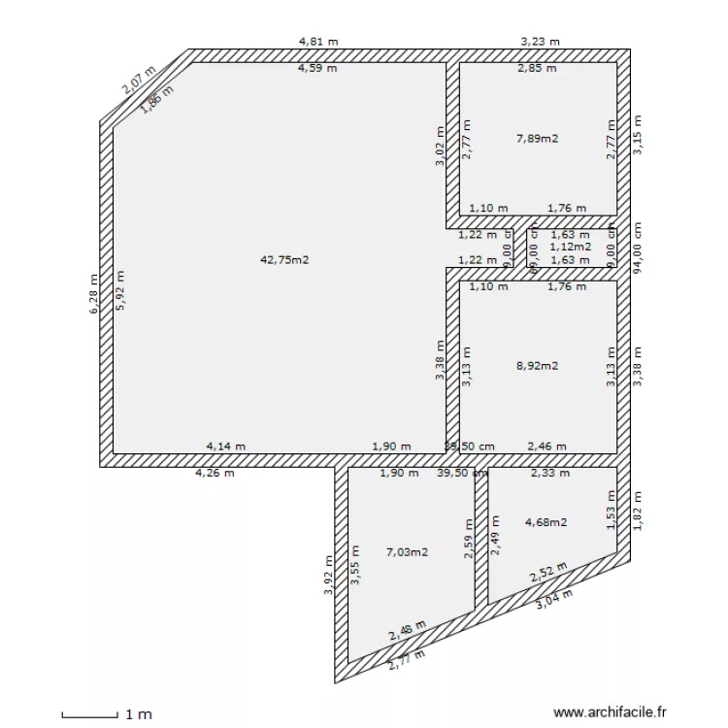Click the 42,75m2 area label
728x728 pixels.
[284, 259]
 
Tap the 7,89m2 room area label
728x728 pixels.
[537, 139]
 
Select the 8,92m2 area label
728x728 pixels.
[537, 366]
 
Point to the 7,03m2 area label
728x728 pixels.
[407, 552]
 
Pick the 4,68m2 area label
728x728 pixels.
[546, 522]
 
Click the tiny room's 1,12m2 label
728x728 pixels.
[570, 247]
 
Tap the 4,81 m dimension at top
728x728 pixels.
[318, 42]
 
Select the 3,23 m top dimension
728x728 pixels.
[540, 42]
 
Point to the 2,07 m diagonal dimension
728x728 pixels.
[138, 79]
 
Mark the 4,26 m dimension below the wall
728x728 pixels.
[215, 474]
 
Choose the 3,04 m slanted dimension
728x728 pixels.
[554, 600]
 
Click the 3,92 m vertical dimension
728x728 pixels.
[329, 574]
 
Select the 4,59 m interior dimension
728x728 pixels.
[317, 69]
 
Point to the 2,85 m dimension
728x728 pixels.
[537, 69]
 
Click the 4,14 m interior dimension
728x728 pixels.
[225, 447]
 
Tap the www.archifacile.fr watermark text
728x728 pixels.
[611, 712]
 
